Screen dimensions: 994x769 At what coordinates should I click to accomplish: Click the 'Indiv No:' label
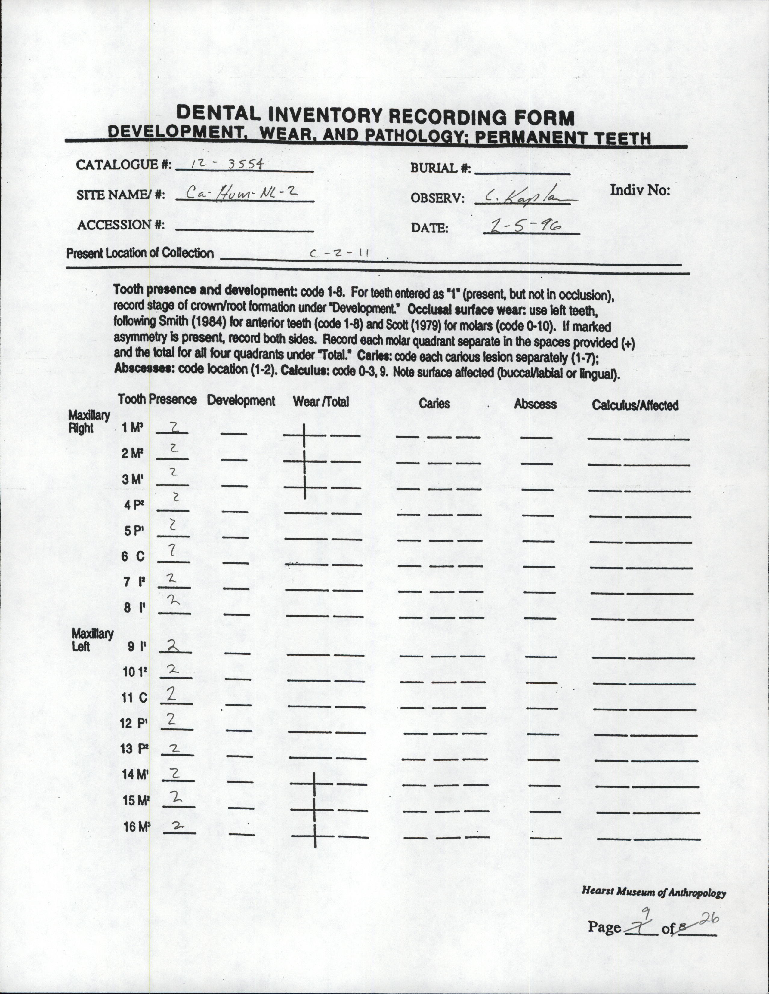(640, 190)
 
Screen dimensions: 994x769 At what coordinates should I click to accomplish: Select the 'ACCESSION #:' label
(121, 225)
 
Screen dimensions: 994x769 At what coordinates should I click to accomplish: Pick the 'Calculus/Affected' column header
(635, 405)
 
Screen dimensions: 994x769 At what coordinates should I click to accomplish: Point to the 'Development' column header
(241, 401)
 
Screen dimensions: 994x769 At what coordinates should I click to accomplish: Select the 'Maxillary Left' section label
(92, 639)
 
